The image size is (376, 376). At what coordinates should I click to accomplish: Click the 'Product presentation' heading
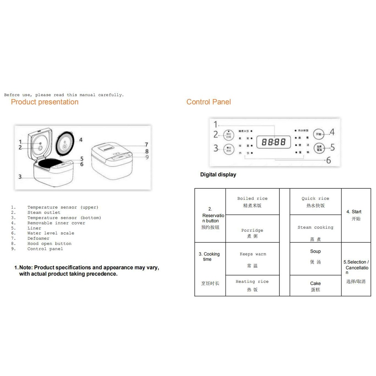click(44, 102)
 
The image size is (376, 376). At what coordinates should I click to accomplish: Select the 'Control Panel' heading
click(209, 102)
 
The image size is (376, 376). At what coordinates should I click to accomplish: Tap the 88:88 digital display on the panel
click(274, 142)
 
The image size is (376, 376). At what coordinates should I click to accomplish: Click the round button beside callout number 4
click(320, 134)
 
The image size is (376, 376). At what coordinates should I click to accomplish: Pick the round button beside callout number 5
click(320, 148)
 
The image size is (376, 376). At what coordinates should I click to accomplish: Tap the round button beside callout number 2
click(228, 135)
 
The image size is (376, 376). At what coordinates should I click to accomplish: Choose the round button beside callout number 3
click(228, 148)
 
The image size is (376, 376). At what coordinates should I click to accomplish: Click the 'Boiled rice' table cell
click(252, 202)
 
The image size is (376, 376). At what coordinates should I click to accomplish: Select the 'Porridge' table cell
click(252, 233)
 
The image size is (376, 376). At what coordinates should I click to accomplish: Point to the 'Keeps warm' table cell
click(252, 259)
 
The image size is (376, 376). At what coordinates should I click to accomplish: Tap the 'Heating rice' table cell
click(252, 285)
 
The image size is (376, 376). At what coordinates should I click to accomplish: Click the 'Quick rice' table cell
click(315, 202)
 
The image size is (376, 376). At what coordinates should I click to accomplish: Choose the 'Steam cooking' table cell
click(315, 233)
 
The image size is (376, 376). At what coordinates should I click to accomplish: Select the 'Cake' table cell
click(315, 286)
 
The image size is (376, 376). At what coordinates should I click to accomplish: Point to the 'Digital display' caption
click(218, 175)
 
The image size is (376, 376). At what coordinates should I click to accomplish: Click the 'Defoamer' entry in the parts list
click(38, 238)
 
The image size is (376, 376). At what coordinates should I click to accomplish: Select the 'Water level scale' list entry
click(51, 233)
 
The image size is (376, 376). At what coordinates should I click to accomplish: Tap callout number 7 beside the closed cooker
click(146, 145)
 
